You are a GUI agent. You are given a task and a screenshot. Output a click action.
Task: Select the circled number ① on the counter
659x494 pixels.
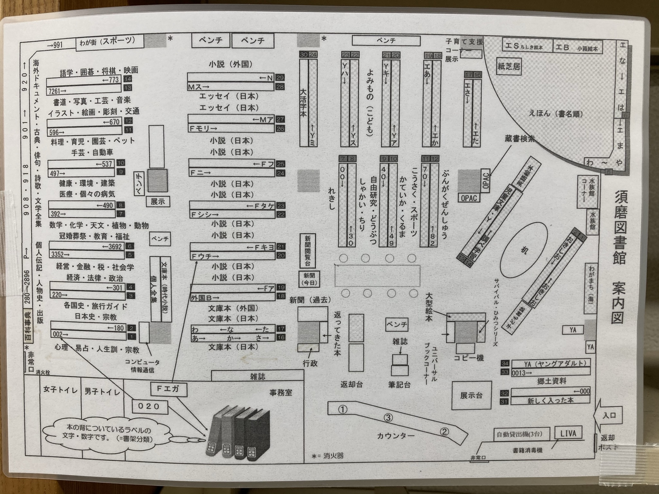[x=343, y=409]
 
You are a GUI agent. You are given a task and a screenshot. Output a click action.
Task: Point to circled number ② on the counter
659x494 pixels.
[x=444, y=432]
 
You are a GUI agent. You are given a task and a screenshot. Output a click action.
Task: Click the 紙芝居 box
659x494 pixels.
[x=508, y=67]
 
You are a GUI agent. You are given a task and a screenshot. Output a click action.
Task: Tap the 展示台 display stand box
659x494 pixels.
[x=471, y=395]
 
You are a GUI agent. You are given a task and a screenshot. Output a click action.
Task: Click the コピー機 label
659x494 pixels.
[x=469, y=358]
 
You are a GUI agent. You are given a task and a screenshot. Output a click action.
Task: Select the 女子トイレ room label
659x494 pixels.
[x=61, y=390]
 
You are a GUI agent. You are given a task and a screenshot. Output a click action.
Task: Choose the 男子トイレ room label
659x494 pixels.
[x=102, y=391]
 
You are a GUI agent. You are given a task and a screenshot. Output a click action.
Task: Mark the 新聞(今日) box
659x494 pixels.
[x=310, y=279]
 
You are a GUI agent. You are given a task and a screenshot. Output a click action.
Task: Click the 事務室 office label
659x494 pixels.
[x=281, y=392]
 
